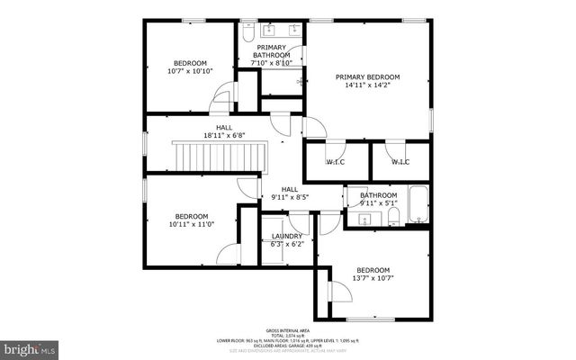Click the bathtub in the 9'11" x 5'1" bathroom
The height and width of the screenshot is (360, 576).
pyautogui.click(x=418, y=205)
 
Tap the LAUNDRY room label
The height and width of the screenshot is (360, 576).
pyautogui.click(x=287, y=237)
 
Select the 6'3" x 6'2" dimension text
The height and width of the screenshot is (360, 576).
pyautogui.click(x=287, y=245)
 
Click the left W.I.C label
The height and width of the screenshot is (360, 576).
pyautogui.click(x=335, y=162)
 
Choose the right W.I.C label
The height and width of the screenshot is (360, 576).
pyautogui.click(x=399, y=162)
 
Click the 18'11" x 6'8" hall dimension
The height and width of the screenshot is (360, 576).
pyautogui.click(x=223, y=136)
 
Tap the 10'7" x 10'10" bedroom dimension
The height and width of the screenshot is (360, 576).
pyautogui.click(x=190, y=70)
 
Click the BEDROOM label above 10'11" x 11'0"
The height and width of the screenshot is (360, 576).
pyautogui.click(x=191, y=216)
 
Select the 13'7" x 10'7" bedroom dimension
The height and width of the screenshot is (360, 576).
pyautogui.click(x=373, y=279)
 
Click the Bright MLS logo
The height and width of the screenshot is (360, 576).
pyautogui.click(x=31, y=346)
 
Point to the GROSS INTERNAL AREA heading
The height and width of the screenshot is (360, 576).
pyautogui.click(x=289, y=330)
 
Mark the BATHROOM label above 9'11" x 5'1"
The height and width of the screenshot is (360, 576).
pyautogui.click(x=378, y=195)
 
